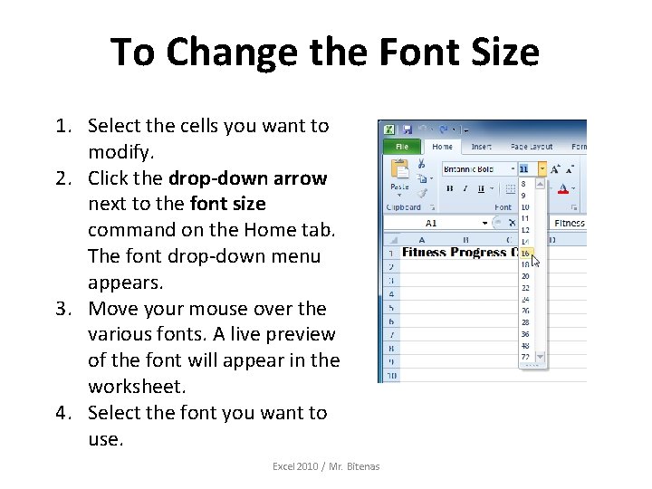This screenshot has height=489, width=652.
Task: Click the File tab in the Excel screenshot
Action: (x=402, y=146)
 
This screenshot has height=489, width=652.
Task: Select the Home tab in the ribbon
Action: (x=443, y=146)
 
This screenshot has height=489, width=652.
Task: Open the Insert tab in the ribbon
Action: (x=482, y=146)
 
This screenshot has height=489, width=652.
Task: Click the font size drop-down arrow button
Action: (x=542, y=168)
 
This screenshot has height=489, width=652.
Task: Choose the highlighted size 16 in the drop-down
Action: (x=526, y=253)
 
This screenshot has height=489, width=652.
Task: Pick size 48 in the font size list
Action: (x=526, y=346)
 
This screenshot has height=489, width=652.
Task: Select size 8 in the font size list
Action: (x=523, y=184)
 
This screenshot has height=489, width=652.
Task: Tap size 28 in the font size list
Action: (x=526, y=322)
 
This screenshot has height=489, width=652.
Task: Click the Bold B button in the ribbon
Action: (x=448, y=189)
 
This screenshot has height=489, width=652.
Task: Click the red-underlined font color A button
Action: (x=563, y=189)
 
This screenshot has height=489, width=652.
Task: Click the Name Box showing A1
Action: (x=432, y=223)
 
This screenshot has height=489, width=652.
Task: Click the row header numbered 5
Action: (x=390, y=307)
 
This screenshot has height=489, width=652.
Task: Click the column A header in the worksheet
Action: (x=423, y=240)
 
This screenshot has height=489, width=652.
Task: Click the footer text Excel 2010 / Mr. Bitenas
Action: (x=326, y=466)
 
